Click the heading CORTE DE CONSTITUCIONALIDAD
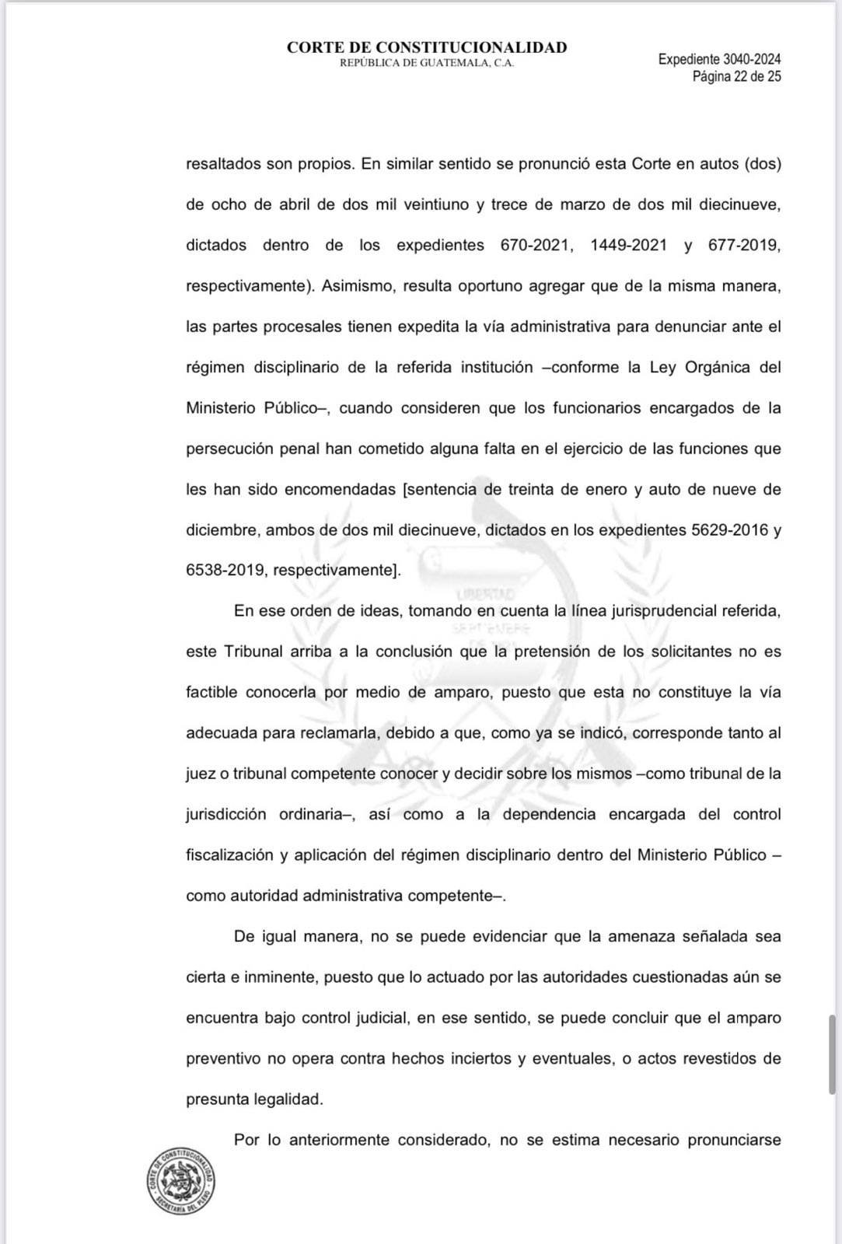point(427,47)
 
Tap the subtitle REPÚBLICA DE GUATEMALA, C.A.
point(427,64)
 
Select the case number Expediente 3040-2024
point(719,59)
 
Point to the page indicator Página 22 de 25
point(736,76)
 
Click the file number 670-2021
point(536,246)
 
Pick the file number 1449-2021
point(628,246)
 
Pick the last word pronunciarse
point(734,1141)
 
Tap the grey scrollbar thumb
point(832,1054)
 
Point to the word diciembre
point(221,530)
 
